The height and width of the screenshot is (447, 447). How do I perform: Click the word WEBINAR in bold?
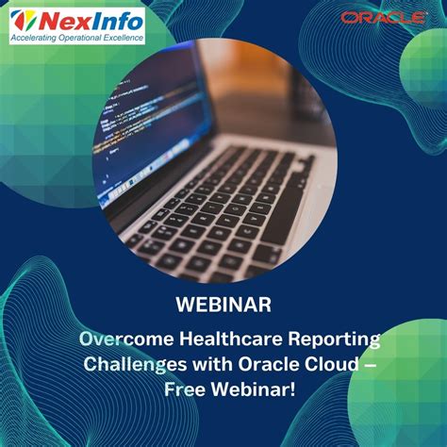223,305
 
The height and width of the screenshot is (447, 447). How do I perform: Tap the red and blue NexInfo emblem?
26,20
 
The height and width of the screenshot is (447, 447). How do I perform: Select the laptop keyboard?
226,212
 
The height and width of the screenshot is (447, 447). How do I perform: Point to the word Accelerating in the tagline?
35,39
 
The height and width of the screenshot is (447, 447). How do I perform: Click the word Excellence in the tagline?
123,39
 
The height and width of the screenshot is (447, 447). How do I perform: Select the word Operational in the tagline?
79,39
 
